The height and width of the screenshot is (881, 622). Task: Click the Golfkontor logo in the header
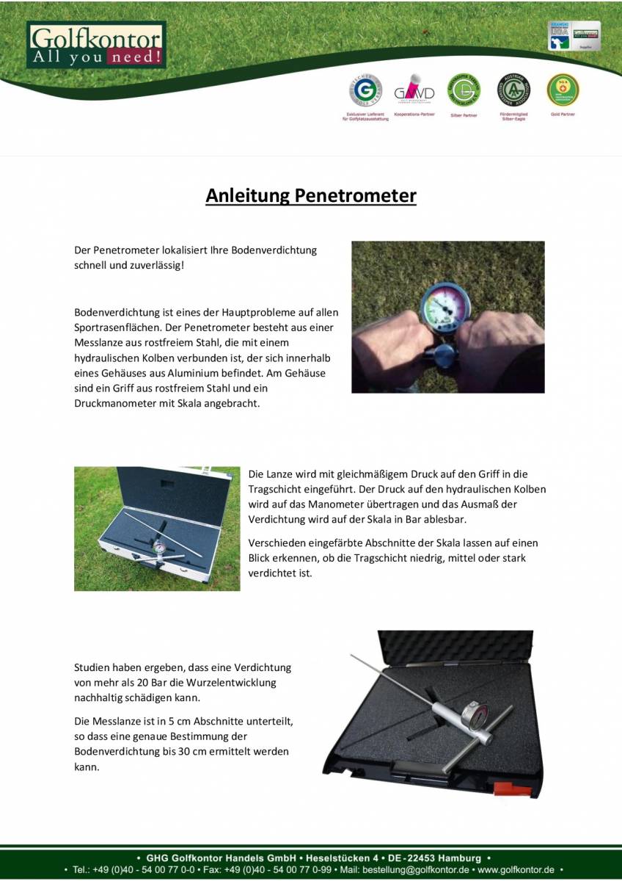click(x=96, y=45)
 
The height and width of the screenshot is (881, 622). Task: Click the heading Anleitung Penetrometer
click(x=311, y=196)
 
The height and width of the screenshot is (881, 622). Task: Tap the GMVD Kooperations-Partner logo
click(x=414, y=91)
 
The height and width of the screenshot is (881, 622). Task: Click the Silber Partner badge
click(x=464, y=90)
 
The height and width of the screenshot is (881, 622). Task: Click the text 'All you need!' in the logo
click(x=96, y=57)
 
